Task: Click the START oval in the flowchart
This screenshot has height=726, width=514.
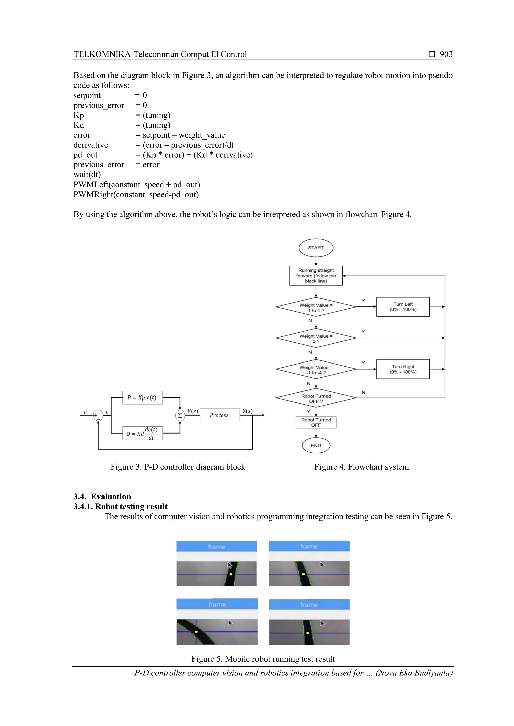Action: coord(316,248)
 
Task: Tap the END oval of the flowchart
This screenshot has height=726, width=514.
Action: coord(316,445)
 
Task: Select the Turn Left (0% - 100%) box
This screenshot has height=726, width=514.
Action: coord(403,307)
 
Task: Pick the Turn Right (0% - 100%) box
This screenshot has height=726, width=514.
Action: coord(403,369)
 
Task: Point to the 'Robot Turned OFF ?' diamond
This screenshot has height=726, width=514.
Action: coord(316,398)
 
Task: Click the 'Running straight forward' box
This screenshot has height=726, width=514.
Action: coord(316,276)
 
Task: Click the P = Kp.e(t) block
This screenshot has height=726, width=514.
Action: coord(142,397)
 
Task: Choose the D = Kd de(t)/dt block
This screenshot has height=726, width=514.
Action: coord(142,433)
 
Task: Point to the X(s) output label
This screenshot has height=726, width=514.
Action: coord(247,411)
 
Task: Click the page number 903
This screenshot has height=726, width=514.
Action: coord(446,54)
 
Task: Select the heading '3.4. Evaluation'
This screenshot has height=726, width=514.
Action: coord(102,496)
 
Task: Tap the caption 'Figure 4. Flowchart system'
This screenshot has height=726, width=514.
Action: coord(361,467)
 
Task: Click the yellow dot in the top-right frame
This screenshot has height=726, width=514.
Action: coord(303,574)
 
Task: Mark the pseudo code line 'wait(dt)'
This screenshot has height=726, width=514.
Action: coord(87,174)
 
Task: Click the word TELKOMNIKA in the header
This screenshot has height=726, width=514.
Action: coord(102,54)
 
